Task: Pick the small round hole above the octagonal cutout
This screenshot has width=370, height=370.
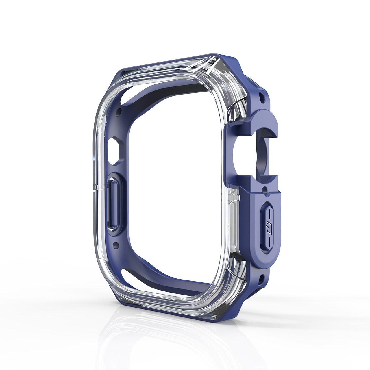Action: (118, 110)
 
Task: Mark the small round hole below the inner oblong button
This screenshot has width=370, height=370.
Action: (116, 245)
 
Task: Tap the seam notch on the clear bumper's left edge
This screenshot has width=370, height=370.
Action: (95, 185)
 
